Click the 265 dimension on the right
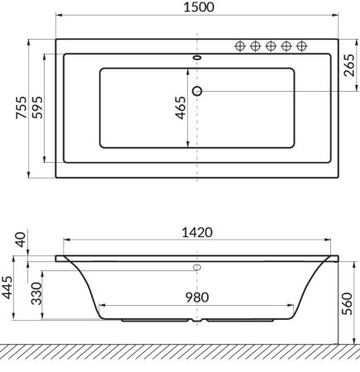[349, 64]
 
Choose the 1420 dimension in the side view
[197, 233]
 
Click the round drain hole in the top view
[197, 90]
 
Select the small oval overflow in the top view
[197, 58]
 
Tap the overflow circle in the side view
[197, 267]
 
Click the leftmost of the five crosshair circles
[241, 45]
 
